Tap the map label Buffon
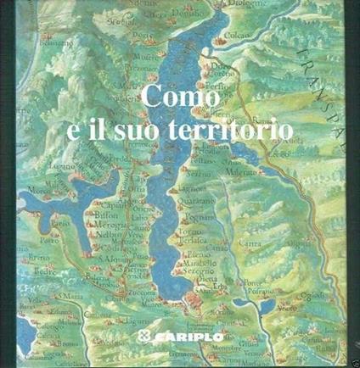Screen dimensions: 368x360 click(93, 215)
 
